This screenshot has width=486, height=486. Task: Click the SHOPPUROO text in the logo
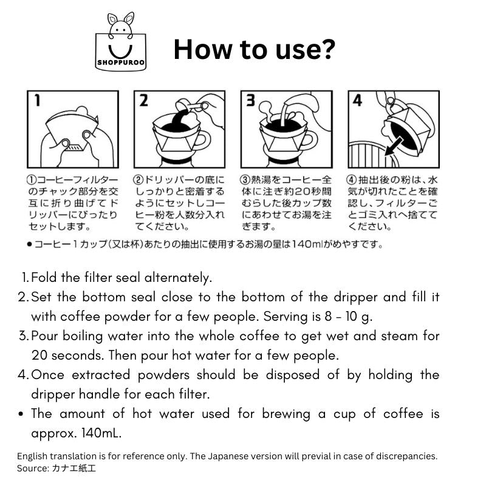(121, 63)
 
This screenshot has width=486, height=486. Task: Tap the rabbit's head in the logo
(121, 29)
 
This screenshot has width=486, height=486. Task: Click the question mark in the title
(326, 49)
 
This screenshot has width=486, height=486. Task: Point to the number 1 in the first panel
(37, 100)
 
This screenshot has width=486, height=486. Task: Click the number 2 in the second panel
(143, 100)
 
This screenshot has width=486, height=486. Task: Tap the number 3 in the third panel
(250, 100)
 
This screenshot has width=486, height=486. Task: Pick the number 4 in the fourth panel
(357, 100)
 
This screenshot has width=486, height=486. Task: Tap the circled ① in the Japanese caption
(32, 180)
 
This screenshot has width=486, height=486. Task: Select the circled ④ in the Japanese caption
(352, 180)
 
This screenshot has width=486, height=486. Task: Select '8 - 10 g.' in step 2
(348, 317)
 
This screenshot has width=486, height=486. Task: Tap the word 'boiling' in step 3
(83, 337)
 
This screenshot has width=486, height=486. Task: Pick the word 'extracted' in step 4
(101, 375)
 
